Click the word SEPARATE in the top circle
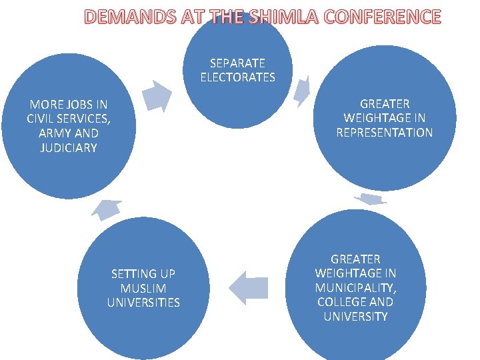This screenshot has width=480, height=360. tap(237, 63)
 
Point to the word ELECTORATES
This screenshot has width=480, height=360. tap(237, 77)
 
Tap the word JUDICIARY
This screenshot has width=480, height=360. tap(69, 147)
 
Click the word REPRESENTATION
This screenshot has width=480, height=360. tap(385, 133)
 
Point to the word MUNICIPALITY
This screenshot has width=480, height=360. tap(355, 287)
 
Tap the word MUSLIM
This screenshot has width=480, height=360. tap(143, 288)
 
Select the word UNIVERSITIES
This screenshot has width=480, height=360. tap(143, 303)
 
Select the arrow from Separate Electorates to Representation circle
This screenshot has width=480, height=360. tap(303, 90)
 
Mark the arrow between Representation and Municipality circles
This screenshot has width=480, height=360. tap(370, 199)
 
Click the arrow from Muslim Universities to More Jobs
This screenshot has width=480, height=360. tap(107, 209)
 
